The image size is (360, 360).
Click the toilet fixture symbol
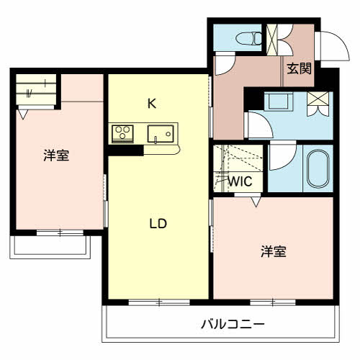[x=249, y=38]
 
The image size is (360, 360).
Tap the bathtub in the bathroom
[x=318, y=168]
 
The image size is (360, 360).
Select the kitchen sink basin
[x=161, y=134]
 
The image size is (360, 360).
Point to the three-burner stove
[x=122, y=133]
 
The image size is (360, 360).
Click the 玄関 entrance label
[x=299, y=68]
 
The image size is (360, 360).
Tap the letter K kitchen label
[x=152, y=104]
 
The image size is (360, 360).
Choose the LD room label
[x=158, y=224]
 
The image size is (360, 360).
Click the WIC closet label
[x=240, y=181]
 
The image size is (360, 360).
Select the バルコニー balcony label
[x=233, y=325]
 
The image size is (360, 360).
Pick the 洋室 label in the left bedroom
[x=56, y=155]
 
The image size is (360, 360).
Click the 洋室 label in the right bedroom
[x=274, y=251]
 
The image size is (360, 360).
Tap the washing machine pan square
[x=279, y=102]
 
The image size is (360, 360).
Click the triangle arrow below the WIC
[x=256, y=202]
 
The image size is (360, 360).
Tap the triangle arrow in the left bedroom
[x=23, y=114]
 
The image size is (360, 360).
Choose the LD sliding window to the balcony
[x=159, y=302]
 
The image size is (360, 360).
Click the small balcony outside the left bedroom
[x=50, y=247]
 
